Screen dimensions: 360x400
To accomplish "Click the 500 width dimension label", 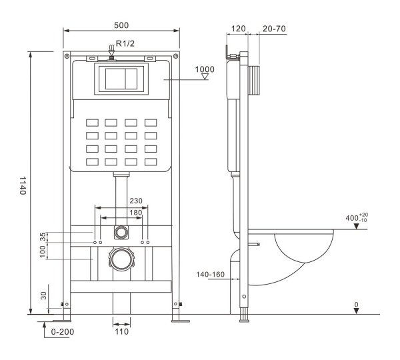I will tap(121, 25).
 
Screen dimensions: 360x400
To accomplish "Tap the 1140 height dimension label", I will tap(23, 185).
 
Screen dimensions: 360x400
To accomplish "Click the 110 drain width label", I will tap(121, 332).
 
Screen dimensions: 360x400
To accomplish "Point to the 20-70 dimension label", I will tap(275, 29).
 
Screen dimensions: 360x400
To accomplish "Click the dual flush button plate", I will tap(121, 79).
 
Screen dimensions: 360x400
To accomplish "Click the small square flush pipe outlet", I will tap(121, 232).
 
